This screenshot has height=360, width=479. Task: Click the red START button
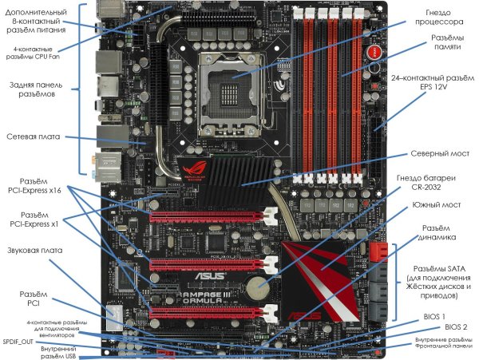tap(374, 53)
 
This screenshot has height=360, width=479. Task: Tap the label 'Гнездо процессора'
tap(438, 17)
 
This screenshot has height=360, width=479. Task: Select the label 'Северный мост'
tap(440, 153)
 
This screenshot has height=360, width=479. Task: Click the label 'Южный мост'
tap(437, 204)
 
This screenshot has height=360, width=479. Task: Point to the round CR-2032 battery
tap(258, 287)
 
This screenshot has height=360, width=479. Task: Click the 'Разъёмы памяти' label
tap(448, 42)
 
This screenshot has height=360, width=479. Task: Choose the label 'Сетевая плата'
tap(34, 136)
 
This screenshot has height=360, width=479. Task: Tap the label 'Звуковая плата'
tap(35, 251)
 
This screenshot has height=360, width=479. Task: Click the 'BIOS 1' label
tap(434, 317)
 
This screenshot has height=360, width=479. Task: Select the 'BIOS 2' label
tap(456, 327)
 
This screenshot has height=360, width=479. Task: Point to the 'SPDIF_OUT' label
tap(18, 342)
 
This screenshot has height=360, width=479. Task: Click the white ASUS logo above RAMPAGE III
tap(210, 276)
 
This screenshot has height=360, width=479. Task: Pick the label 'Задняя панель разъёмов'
tap(36, 89)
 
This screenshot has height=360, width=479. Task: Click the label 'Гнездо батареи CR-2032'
tap(426, 182)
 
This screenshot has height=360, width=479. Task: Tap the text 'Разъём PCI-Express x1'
tap(34, 220)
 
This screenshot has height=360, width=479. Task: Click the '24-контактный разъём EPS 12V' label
tap(433, 82)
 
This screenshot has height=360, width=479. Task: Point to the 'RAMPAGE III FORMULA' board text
tap(204, 298)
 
